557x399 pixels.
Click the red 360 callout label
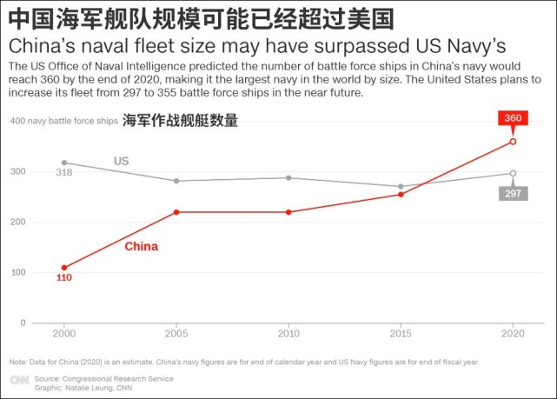pos(513,118)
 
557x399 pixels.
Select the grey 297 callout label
pos(513,193)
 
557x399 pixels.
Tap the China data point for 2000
pos(63,268)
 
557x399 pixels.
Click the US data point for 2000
pos(63,163)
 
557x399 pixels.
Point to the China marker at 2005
pos(176,212)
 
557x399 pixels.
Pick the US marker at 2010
pos(288,177)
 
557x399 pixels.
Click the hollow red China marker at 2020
pos(513,141)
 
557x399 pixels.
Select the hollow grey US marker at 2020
pos(513,173)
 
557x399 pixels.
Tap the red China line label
pos(142,247)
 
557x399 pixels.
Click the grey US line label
pos(122,162)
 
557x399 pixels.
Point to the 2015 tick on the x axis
pos(401,333)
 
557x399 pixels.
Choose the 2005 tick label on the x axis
pos(176,333)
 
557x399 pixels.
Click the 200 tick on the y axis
pos(17,222)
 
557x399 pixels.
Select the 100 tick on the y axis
pos(17,272)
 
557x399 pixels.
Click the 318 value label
pos(63,173)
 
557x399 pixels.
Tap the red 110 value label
pos(63,278)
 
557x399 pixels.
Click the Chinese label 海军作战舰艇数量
pos(180,122)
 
